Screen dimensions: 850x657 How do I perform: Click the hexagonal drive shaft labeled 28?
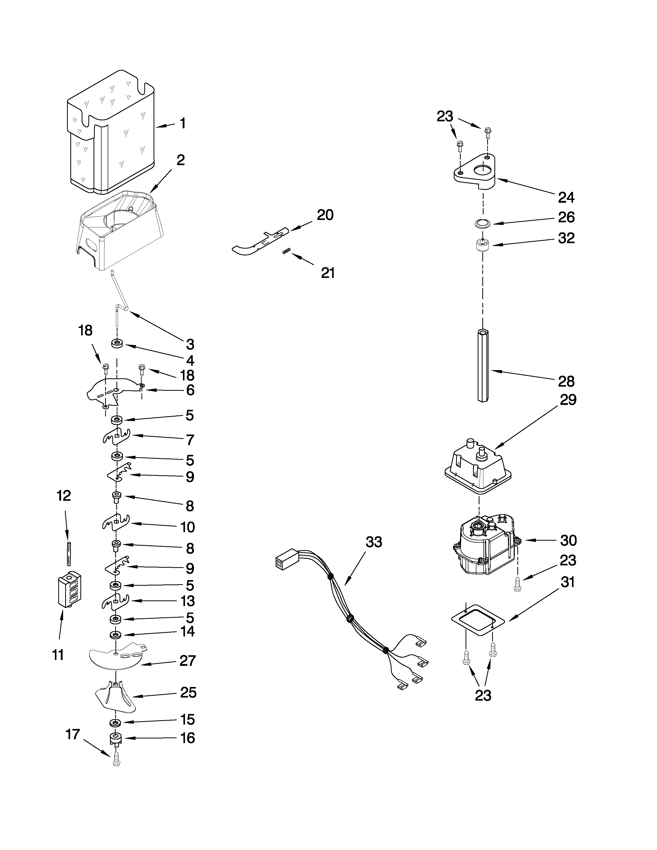483,366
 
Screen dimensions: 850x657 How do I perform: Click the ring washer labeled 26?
483,223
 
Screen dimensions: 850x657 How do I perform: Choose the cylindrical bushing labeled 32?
483,246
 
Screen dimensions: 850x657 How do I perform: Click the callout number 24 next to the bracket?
566,198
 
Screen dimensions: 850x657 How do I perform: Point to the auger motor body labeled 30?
485,549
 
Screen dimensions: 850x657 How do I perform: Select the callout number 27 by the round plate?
187,660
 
